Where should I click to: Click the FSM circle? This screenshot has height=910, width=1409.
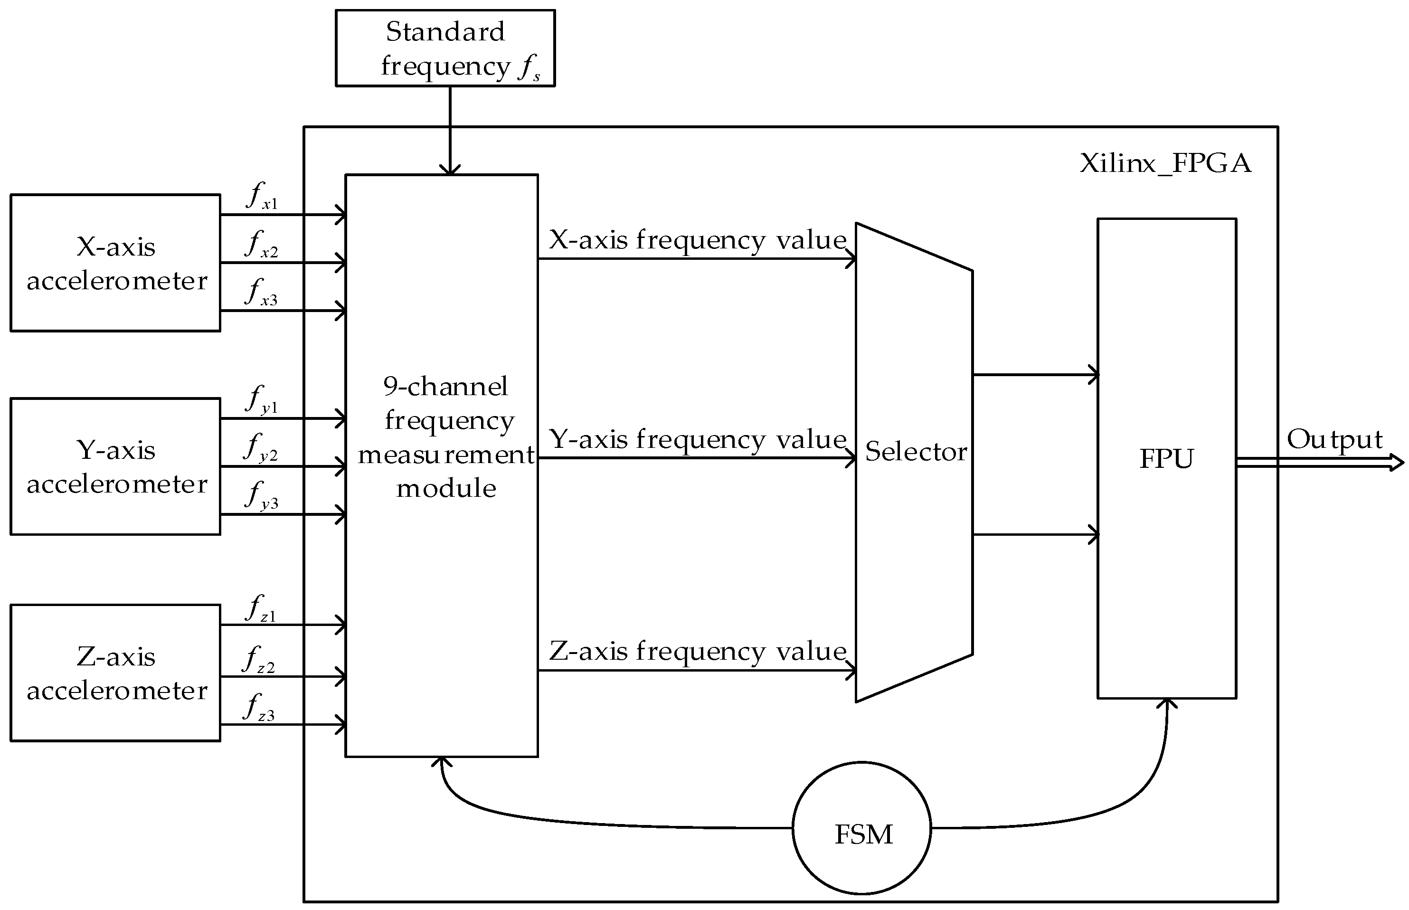coord(861,828)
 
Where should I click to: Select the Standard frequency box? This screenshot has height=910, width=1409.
coord(445,48)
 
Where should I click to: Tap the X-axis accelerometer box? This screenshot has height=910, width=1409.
coord(115,263)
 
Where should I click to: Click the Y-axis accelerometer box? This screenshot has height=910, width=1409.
coord(115,466)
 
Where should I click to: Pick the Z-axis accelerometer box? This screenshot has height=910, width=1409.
coord(115,673)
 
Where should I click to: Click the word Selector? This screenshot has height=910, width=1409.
coord(915,452)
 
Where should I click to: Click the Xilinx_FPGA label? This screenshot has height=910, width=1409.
coord(1165,163)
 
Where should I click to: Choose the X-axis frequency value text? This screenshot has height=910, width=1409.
coord(697,240)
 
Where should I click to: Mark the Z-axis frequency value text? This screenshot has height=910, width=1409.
coord(697,651)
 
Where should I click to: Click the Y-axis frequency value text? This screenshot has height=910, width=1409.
coord(697,440)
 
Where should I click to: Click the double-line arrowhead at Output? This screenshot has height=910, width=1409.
coord(1397,462)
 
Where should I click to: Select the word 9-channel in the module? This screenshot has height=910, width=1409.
coord(445,387)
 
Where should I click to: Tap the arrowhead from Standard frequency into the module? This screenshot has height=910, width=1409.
coord(450,169)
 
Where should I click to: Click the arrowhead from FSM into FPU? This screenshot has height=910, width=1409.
coord(1167,704)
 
